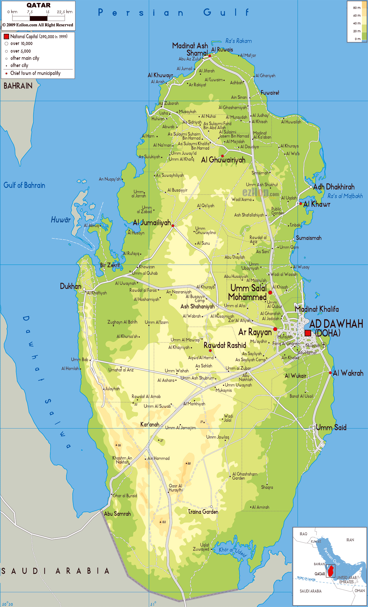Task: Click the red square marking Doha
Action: (308, 333)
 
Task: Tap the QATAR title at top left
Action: (39, 5)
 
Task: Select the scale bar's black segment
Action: (39, 18)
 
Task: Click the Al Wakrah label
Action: (348, 373)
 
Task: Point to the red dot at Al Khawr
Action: (300, 203)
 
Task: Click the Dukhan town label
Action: (71, 286)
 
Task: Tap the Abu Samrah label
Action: (117, 514)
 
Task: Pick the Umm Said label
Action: (331, 428)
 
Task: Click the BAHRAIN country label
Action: (18, 86)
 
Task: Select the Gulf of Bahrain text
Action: (24, 185)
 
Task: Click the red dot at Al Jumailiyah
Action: (173, 226)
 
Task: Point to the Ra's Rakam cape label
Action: (238, 41)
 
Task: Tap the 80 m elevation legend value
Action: (357, 8)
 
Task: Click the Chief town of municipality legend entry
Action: (35, 73)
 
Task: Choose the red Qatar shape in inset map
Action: (331, 571)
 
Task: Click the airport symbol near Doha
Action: (323, 345)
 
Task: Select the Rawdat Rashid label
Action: (225, 345)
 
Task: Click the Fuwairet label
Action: (270, 93)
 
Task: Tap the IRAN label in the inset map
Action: (350, 540)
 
